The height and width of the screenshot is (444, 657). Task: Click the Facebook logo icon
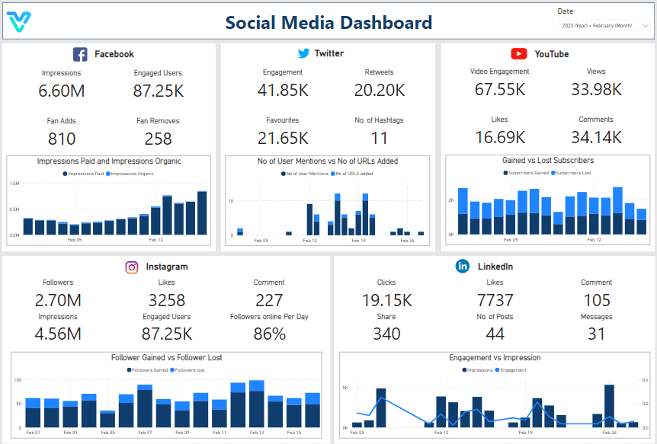click(x=80, y=54)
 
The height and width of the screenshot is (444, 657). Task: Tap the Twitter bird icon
click(x=303, y=53)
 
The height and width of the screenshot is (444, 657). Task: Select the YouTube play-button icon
click(x=519, y=53)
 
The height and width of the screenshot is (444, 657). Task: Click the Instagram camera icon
click(x=132, y=267)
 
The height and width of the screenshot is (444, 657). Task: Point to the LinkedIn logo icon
click(x=462, y=266)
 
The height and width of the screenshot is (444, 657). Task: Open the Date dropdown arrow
click(x=645, y=26)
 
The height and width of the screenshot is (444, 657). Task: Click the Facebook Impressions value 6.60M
click(x=61, y=91)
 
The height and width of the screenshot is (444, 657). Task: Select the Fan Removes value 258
click(x=159, y=139)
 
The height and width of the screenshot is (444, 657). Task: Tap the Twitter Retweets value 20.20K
click(x=379, y=90)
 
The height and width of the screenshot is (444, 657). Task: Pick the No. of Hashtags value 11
click(x=379, y=138)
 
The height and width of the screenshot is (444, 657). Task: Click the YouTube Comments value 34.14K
click(x=596, y=137)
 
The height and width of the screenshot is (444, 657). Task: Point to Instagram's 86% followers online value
click(x=269, y=334)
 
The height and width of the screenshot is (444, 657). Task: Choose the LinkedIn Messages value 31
click(x=596, y=334)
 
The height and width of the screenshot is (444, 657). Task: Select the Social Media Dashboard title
click(x=328, y=23)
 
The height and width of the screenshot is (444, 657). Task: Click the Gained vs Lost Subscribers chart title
click(x=548, y=161)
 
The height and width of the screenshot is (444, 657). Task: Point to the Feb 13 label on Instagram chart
click(x=256, y=433)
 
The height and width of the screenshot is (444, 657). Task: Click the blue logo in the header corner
click(x=19, y=23)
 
